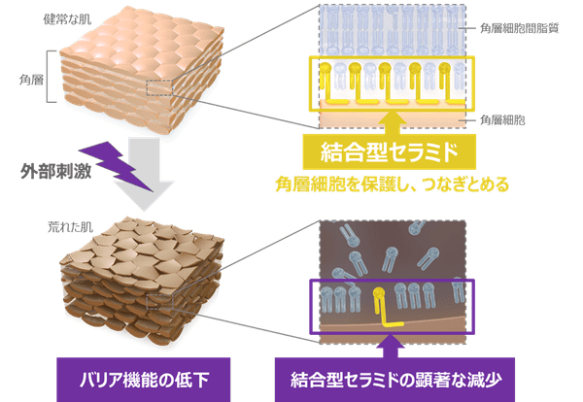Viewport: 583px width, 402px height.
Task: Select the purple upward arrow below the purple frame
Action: [393, 341]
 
